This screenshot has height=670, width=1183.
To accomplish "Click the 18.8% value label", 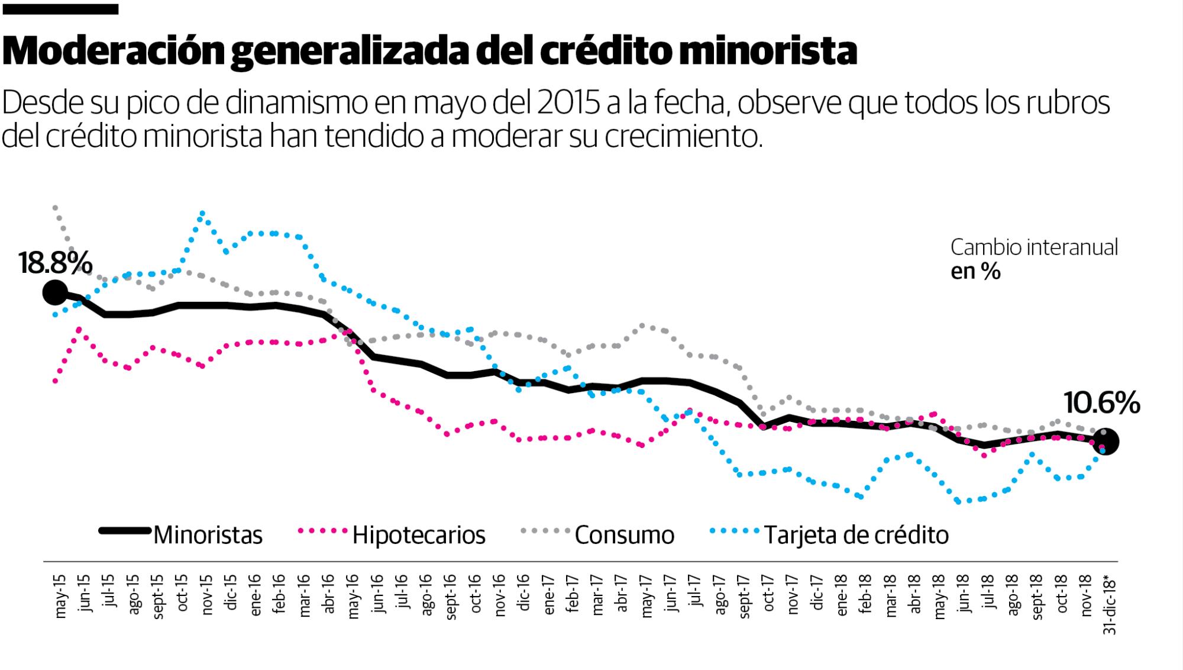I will (55, 263).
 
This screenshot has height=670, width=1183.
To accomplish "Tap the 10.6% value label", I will (1101, 404).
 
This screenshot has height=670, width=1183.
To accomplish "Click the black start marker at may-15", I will (54, 292).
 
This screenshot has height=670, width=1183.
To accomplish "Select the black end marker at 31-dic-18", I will (1107, 442).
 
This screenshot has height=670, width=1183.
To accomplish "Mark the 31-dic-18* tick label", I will (1110, 604).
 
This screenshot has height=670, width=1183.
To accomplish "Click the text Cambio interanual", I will (1034, 247).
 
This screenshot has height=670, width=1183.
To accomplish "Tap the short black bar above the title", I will (60, 9).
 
